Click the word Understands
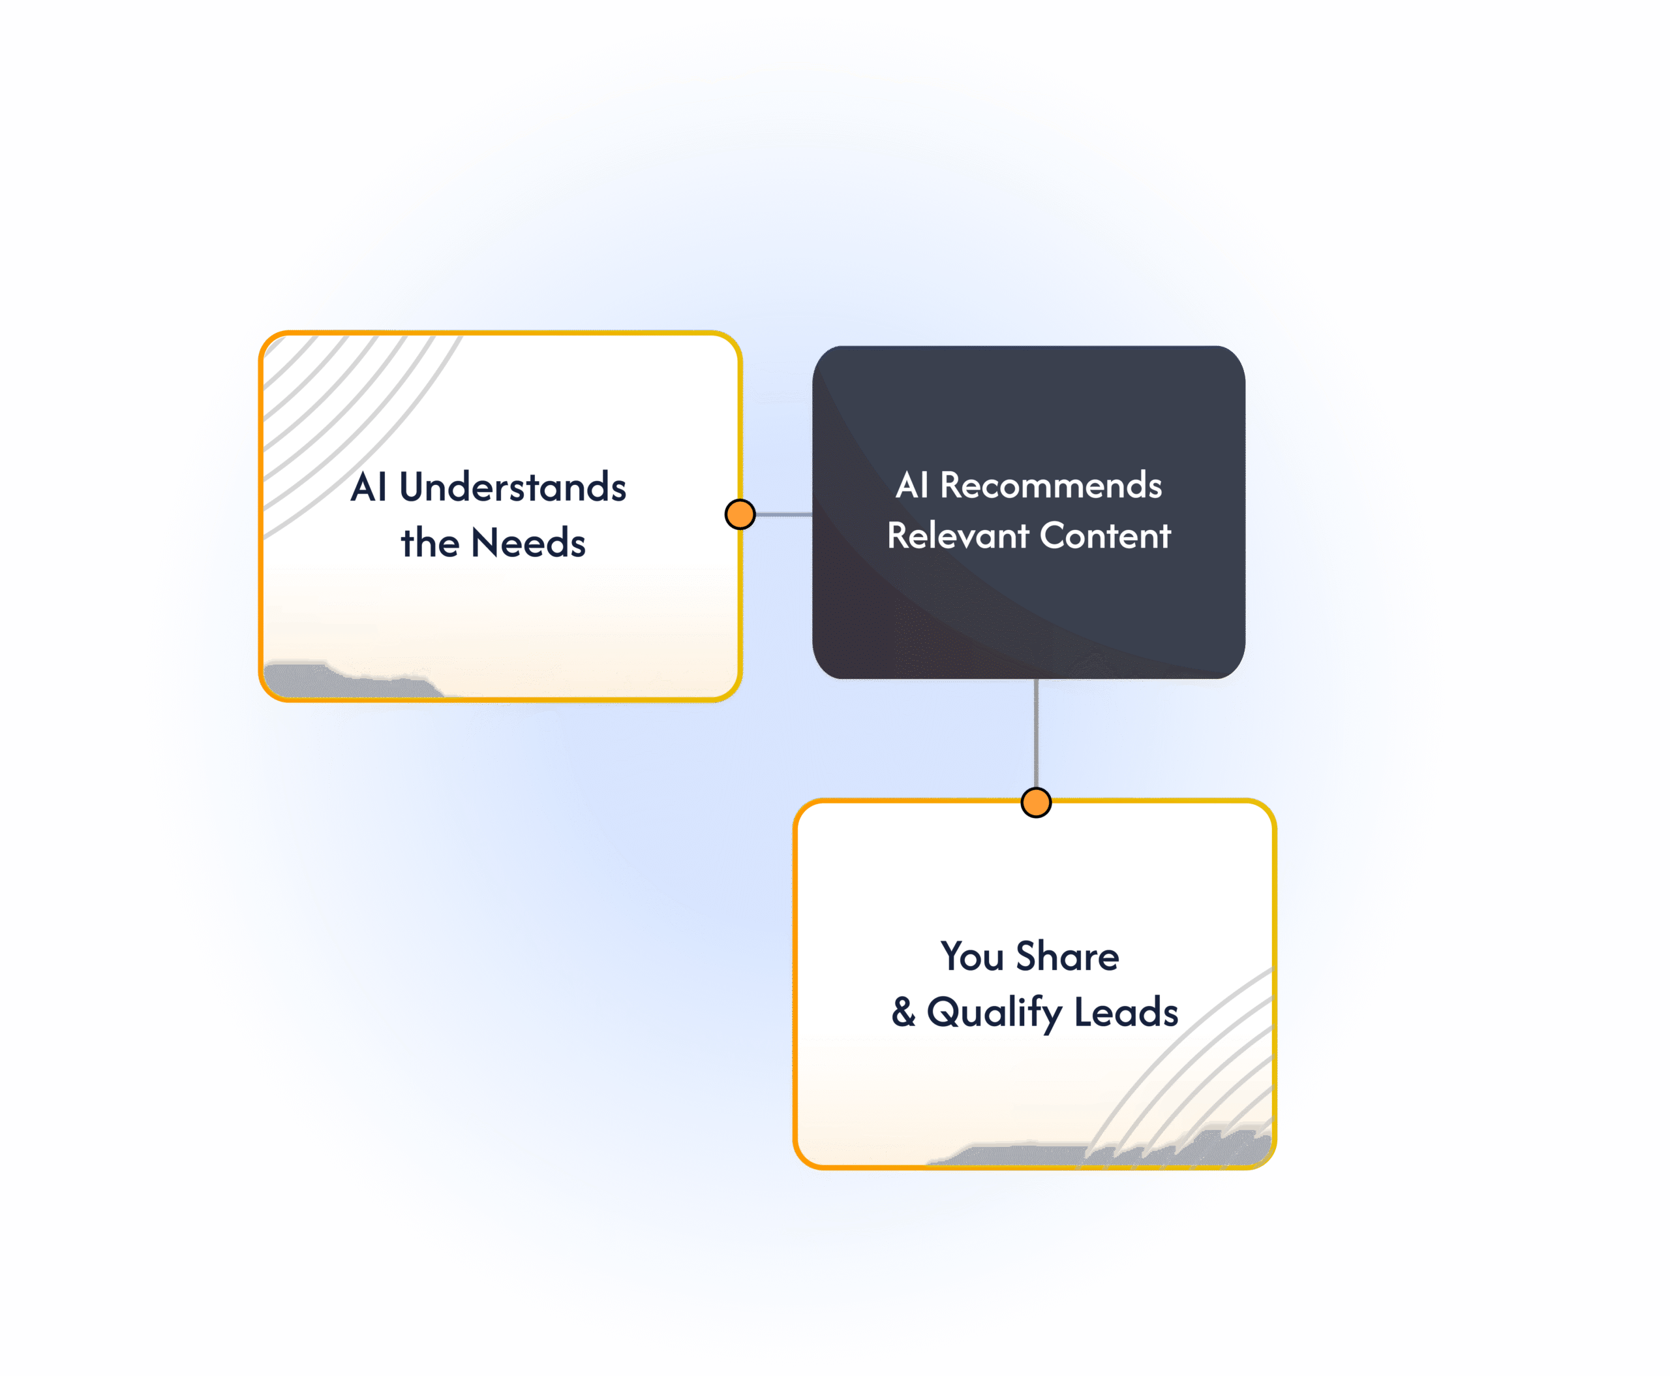513,487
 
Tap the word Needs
528,544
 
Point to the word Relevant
958,536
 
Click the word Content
1105,536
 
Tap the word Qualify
994,1013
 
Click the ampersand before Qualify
903,1012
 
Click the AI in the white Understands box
369,487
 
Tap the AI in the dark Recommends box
911,485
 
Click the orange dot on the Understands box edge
740,514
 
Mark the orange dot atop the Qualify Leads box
1036,803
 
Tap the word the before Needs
429,544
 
